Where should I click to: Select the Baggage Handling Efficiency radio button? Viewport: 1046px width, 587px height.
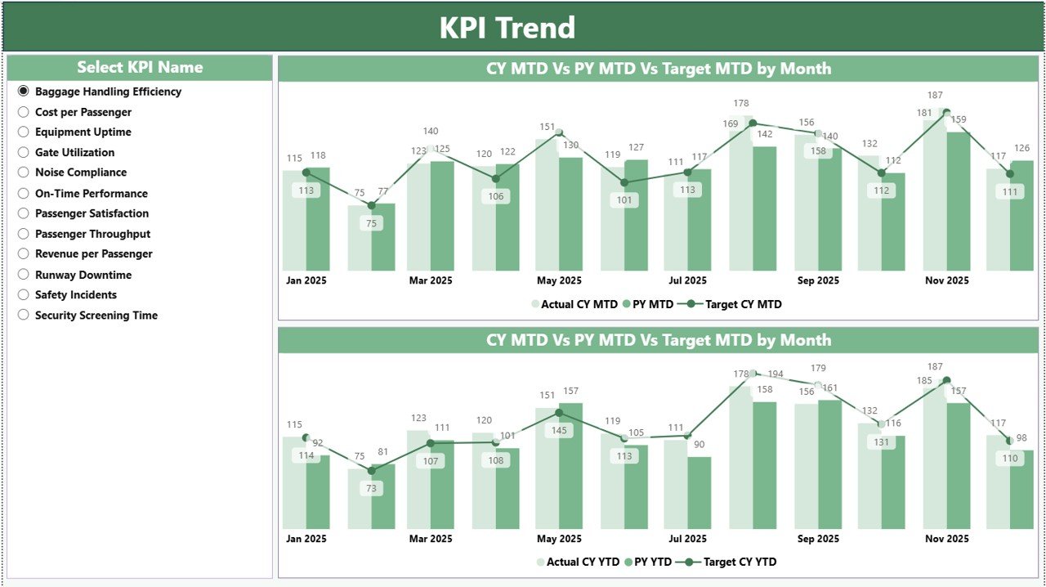click(24, 92)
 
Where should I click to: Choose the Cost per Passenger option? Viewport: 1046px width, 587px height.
click(24, 112)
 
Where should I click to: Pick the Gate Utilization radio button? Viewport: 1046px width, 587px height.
click(24, 152)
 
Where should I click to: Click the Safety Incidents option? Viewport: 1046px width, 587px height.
click(24, 294)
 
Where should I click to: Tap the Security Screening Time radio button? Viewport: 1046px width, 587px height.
click(24, 315)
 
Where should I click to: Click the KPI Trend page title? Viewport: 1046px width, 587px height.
click(507, 28)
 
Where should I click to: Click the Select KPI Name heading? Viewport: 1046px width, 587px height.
click(140, 67)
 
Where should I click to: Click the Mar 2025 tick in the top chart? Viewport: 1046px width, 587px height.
click(431, 280)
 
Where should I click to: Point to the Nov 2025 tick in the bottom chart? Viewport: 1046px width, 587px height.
click(946, 539)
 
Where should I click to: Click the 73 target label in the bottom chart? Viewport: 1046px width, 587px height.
click(372, 488)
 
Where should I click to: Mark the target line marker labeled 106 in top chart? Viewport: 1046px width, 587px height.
click(495, 178)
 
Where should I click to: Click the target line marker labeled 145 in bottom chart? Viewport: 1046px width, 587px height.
click(559, 413)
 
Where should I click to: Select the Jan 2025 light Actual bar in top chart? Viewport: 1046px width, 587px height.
click(294, 221)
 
